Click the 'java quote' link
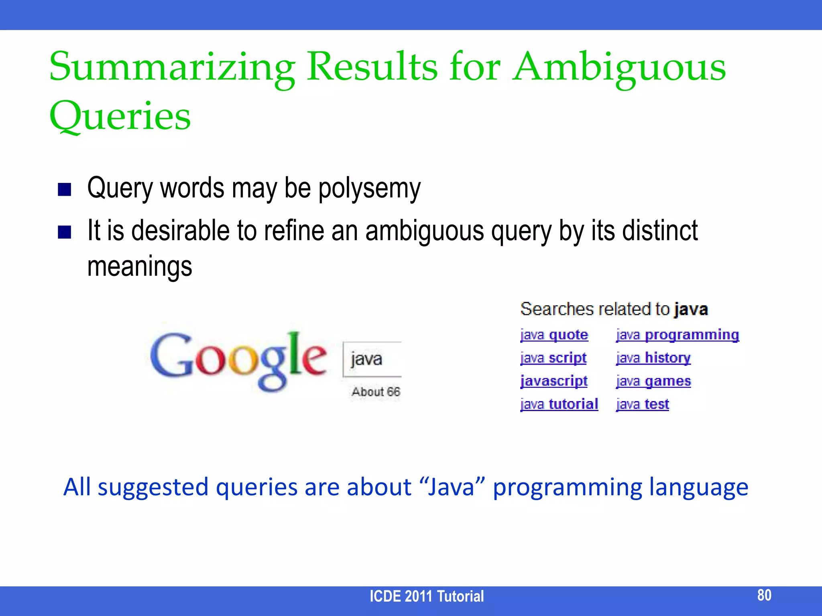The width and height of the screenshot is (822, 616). tap(554, 335)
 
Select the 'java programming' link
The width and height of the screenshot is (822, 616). tap(678, 335)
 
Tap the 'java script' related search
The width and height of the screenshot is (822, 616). tap(553, 358)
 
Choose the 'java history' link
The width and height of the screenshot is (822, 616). tap(653, 358)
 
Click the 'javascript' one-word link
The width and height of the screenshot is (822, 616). tap(554, 381)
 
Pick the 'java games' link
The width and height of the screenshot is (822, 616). tap(653, 381)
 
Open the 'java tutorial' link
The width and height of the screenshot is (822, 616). tap(559, 404)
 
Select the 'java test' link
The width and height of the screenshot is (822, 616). tap(643, 404)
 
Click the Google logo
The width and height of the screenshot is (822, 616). tap(238, 360)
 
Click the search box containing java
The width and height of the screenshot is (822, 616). tap(372, 359)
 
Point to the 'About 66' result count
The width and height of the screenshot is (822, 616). tap(376, 392)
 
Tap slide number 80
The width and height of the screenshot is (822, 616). tap(764, 595)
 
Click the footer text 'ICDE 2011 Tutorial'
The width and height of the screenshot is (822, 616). tap(427, 596)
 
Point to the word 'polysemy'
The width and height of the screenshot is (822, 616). tap(369, 188)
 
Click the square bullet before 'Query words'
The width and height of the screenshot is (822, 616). tap(65, 189)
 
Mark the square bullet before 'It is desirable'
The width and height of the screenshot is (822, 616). tap(65, 232)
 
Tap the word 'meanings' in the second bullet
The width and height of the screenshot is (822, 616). tap(140, 266)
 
